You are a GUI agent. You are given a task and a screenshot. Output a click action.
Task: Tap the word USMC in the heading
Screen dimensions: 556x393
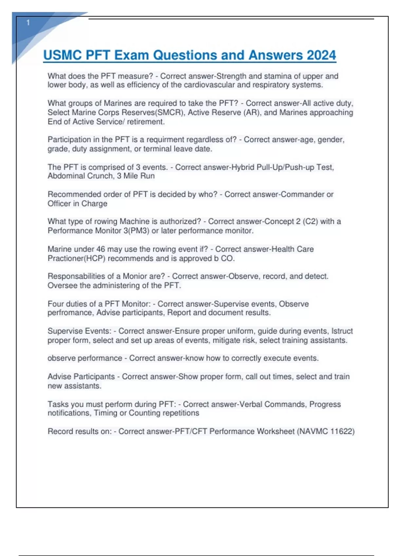point(63,55)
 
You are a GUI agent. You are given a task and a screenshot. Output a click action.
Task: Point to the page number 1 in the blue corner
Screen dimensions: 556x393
point(28,23)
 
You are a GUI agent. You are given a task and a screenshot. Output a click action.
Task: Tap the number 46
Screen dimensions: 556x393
point(101,249)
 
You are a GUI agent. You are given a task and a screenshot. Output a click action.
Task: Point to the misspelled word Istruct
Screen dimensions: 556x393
point(342,331)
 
